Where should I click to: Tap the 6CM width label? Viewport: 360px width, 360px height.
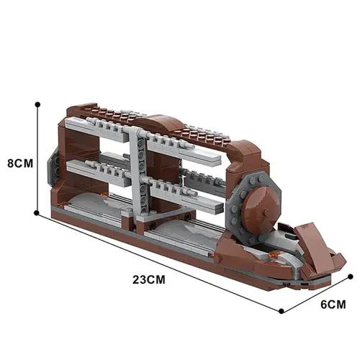point(333,304)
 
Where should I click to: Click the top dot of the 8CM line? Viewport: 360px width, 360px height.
point(37,104)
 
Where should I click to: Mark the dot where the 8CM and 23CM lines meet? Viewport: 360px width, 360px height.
point(37,213)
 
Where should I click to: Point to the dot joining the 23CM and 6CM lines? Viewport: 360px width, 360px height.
point(280,311)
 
